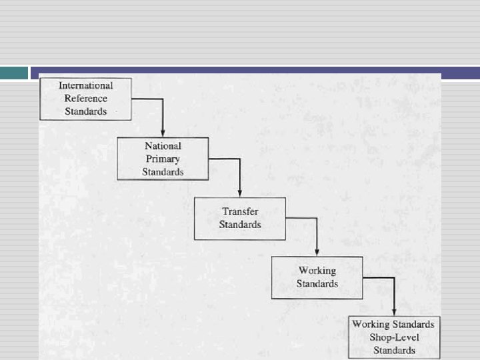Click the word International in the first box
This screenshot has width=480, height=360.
point(86,85)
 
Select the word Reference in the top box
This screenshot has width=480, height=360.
point(86,98)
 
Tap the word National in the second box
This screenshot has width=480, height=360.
point(163,146)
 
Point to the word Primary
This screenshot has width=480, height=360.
point(163,159)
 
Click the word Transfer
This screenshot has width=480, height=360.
point(240,212)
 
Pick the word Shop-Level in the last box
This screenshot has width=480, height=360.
point(394,337)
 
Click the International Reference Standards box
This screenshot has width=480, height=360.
point(86,99)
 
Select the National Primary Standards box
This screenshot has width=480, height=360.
point(163,159)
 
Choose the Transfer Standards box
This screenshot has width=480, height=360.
point(240,218)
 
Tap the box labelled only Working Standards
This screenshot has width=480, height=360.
point(317,277)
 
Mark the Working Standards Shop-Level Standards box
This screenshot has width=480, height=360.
point(394,337)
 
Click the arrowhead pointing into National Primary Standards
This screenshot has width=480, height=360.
point(163,133)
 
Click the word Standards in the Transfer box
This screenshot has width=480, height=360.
point(240,225)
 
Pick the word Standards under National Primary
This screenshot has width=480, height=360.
point(163,171)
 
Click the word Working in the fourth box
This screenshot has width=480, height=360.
point(317,271)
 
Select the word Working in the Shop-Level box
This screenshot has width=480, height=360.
point(370,325)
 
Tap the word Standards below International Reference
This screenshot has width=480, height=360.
point(86,111)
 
